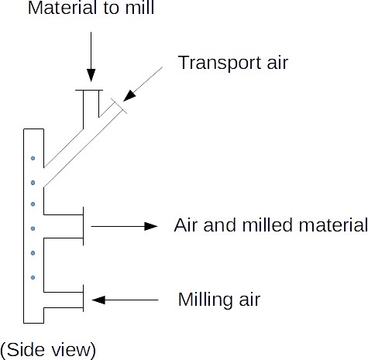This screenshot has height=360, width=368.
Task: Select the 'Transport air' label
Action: [x=232, y=62]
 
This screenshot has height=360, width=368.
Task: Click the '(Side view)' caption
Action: [x=49, y=349]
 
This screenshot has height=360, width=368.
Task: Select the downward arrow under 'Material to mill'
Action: [x=91, y=55]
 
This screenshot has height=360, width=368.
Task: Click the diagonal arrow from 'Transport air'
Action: [x=144, y=84]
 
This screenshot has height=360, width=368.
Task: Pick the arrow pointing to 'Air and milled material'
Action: [x=124, y=226]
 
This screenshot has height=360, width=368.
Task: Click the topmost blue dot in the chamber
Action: [x=33, y=159]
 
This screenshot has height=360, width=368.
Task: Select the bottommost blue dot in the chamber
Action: [x=33, y=276]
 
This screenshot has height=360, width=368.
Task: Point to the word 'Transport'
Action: [x=215, y=63]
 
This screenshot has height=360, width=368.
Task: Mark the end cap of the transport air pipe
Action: [x=119, y=105]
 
